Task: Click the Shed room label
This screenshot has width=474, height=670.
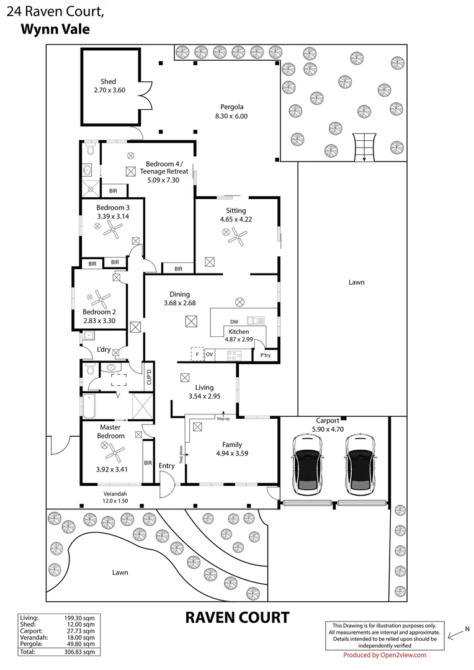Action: (x=109, y=82)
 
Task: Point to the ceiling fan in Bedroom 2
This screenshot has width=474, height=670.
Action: (x=104, y=300)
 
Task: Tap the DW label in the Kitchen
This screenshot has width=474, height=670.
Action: (x=234, y=321)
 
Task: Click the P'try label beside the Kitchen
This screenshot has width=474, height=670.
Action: (x=266, y=355)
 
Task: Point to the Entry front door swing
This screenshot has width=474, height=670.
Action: (x=166, y=485)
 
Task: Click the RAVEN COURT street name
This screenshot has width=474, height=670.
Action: (x=237, y=617)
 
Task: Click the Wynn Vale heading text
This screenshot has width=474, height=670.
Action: (x=55, y=29)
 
